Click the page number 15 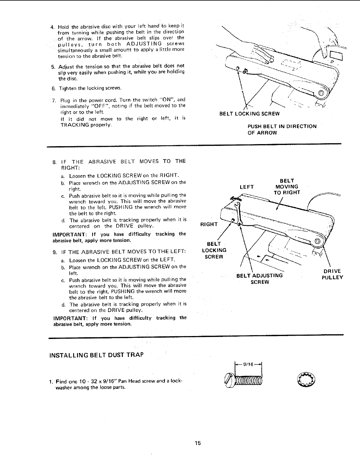pyautogui.click(x=198, y=443)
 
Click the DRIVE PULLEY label pyautogui.click(x=332, y=274)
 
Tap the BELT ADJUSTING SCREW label pyautogui.click(x=260, y=279)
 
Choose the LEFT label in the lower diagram pyautogui.click(x=247, y=187)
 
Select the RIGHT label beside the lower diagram pyautogui.click(x=209, y=224)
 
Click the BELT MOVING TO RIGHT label pyautogui.click(x=287, y=187)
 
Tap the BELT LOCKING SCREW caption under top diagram pyautogui.click(x=249, y=114)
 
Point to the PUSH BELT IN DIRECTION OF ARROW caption pyautogui.click(x=282, y=129)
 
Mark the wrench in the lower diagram pyautogui.click(x=238, y=211)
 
